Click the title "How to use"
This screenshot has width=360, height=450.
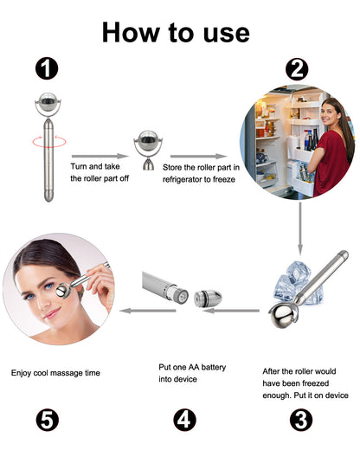pyautogui.click(x=176, y=33)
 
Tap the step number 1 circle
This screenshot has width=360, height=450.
pyautogui.click(x=47, y=68)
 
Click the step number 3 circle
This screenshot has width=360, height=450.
pyautogui.click(x=300, y=421)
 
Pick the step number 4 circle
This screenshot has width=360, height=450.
pyautogui.click(x=184, y=421)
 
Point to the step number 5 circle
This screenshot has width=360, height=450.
pyautogui.click(x=48, y=421)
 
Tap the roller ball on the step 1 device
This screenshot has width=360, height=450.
pyautogui.click(x=47, y=103)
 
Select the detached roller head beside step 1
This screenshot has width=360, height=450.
pyautogui.click(x=145, y=149)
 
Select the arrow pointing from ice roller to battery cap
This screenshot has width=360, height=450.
pyautogui.click(x=236, y=309)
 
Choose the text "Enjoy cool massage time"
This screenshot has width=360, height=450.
pyautogui.click(x=55, y=373)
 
